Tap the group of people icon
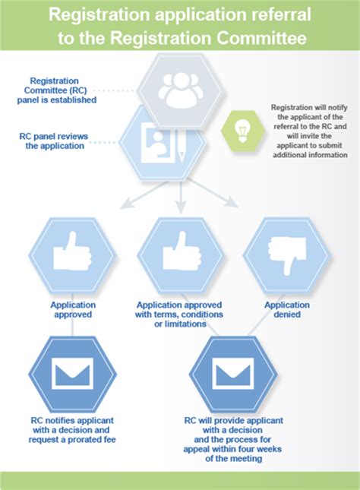click(181, 90)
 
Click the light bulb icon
click(242, 131)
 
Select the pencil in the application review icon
click(182, 146)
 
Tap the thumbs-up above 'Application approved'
click(72, 251)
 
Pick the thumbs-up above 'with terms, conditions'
click(182, 251)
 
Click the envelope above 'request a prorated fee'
click(72, 374)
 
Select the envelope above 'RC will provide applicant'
click(233, 374)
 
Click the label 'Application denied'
click(287, 310)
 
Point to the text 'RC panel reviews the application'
click(54, 141)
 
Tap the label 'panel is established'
click(56, 100)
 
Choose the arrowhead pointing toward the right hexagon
click(232, 202)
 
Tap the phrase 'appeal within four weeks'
click(232, 450)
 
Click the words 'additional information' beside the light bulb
click(310, 155)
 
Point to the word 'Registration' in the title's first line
click(99, 14)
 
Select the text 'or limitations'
click(180, 324)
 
